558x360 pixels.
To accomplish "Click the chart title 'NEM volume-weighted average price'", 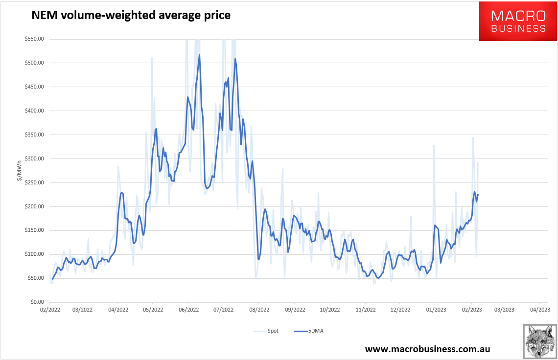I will [x=131, y=16].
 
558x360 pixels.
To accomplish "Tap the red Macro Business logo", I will [x=518, y=21].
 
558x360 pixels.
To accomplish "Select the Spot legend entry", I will [x=266, y=331].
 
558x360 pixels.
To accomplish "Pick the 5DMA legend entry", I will [x=308, y=331].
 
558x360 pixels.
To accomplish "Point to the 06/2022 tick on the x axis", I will [x=188, y=310].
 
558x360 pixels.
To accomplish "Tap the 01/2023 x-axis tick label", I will [x=436, y=310].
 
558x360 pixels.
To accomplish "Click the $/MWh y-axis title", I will [x=19, y=171].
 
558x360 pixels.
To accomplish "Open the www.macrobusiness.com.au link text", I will [x=427, y=349].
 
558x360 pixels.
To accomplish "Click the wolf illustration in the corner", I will [x=539, y=340].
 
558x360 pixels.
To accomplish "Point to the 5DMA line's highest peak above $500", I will [x=199, y=55].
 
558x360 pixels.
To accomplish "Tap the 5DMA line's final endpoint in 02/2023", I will [x=478, y=194].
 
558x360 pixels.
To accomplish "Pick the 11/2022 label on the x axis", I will [x=366, y=310].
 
